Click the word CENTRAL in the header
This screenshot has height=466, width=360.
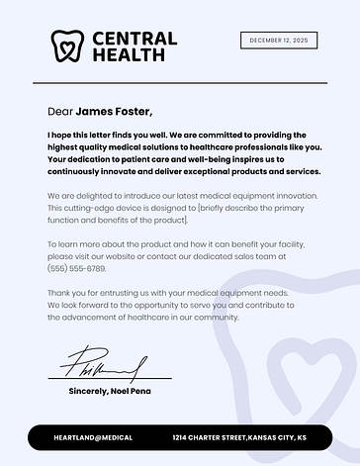point(135,39)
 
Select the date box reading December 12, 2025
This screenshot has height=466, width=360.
point(279,41)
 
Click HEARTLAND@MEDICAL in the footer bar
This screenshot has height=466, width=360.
point(93,437)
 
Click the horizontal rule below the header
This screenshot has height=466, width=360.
point(179,83)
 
